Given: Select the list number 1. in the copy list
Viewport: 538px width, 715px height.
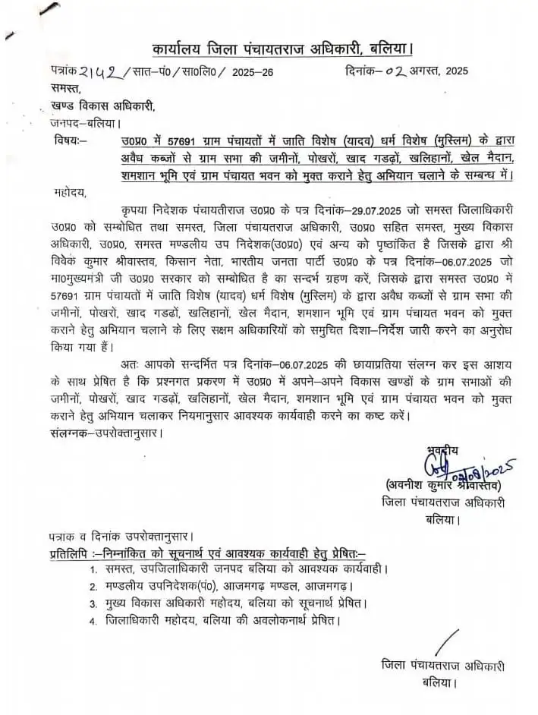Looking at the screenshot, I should click(x=93, y=569).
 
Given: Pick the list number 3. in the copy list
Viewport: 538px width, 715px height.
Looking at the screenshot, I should click(x=93, y=604).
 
